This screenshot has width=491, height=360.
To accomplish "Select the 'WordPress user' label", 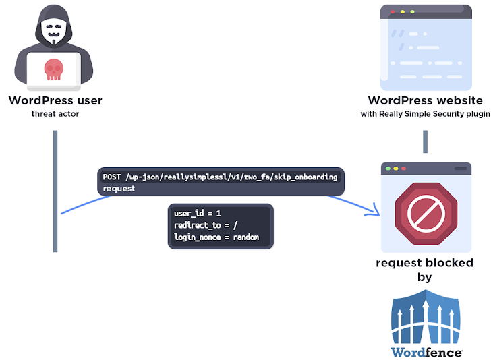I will (55, 101).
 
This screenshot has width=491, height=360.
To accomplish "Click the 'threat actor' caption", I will (55, 114).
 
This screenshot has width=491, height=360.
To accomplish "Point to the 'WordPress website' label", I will (425, 101).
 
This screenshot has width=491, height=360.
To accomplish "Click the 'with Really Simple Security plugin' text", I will (425, 114).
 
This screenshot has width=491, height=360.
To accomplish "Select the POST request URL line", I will (220, 177).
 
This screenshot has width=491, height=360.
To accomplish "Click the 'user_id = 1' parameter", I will (198, 214).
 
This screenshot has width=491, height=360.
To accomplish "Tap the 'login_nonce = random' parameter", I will (216, 237).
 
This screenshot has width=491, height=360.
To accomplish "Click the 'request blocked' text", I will (425, 263).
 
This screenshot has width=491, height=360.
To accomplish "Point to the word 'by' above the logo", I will (425, 277).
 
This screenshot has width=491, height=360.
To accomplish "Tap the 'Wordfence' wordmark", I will (426, 352).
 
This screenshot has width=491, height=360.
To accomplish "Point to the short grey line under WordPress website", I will (426, 142).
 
